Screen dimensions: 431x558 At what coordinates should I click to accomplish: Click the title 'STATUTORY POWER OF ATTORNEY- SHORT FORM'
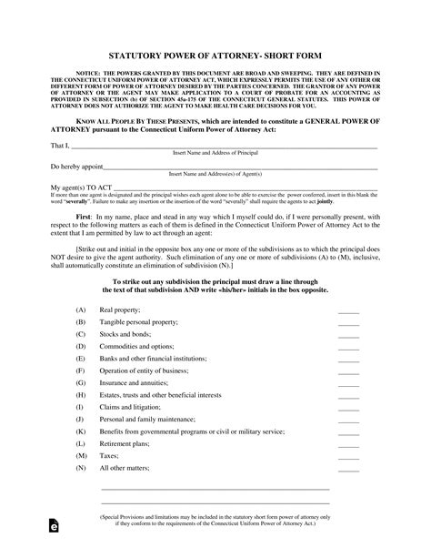pos(215,55)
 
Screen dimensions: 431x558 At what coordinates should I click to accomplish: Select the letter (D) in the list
pos(81,346)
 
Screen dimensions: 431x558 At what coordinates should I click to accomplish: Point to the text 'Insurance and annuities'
pos(137,382)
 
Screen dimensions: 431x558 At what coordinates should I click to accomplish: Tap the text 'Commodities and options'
pos(137,346)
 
